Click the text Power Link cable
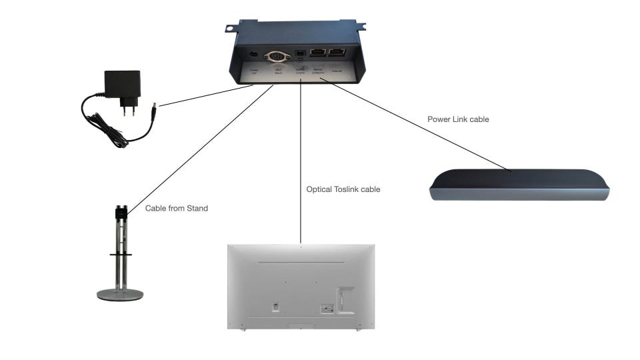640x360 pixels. [x=458, y=120]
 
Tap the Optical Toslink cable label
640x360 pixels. [x=343, y=189]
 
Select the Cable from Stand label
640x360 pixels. [x=177, y=209]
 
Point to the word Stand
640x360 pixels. [x=197, y=209]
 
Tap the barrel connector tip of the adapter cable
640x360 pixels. [x=155, y=105]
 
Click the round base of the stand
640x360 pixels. [x=120, y=295]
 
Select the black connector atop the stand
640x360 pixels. [x=120, y=212]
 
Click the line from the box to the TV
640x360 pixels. [x=301, y=160]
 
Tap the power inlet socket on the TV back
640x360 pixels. [x=326, y=308]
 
